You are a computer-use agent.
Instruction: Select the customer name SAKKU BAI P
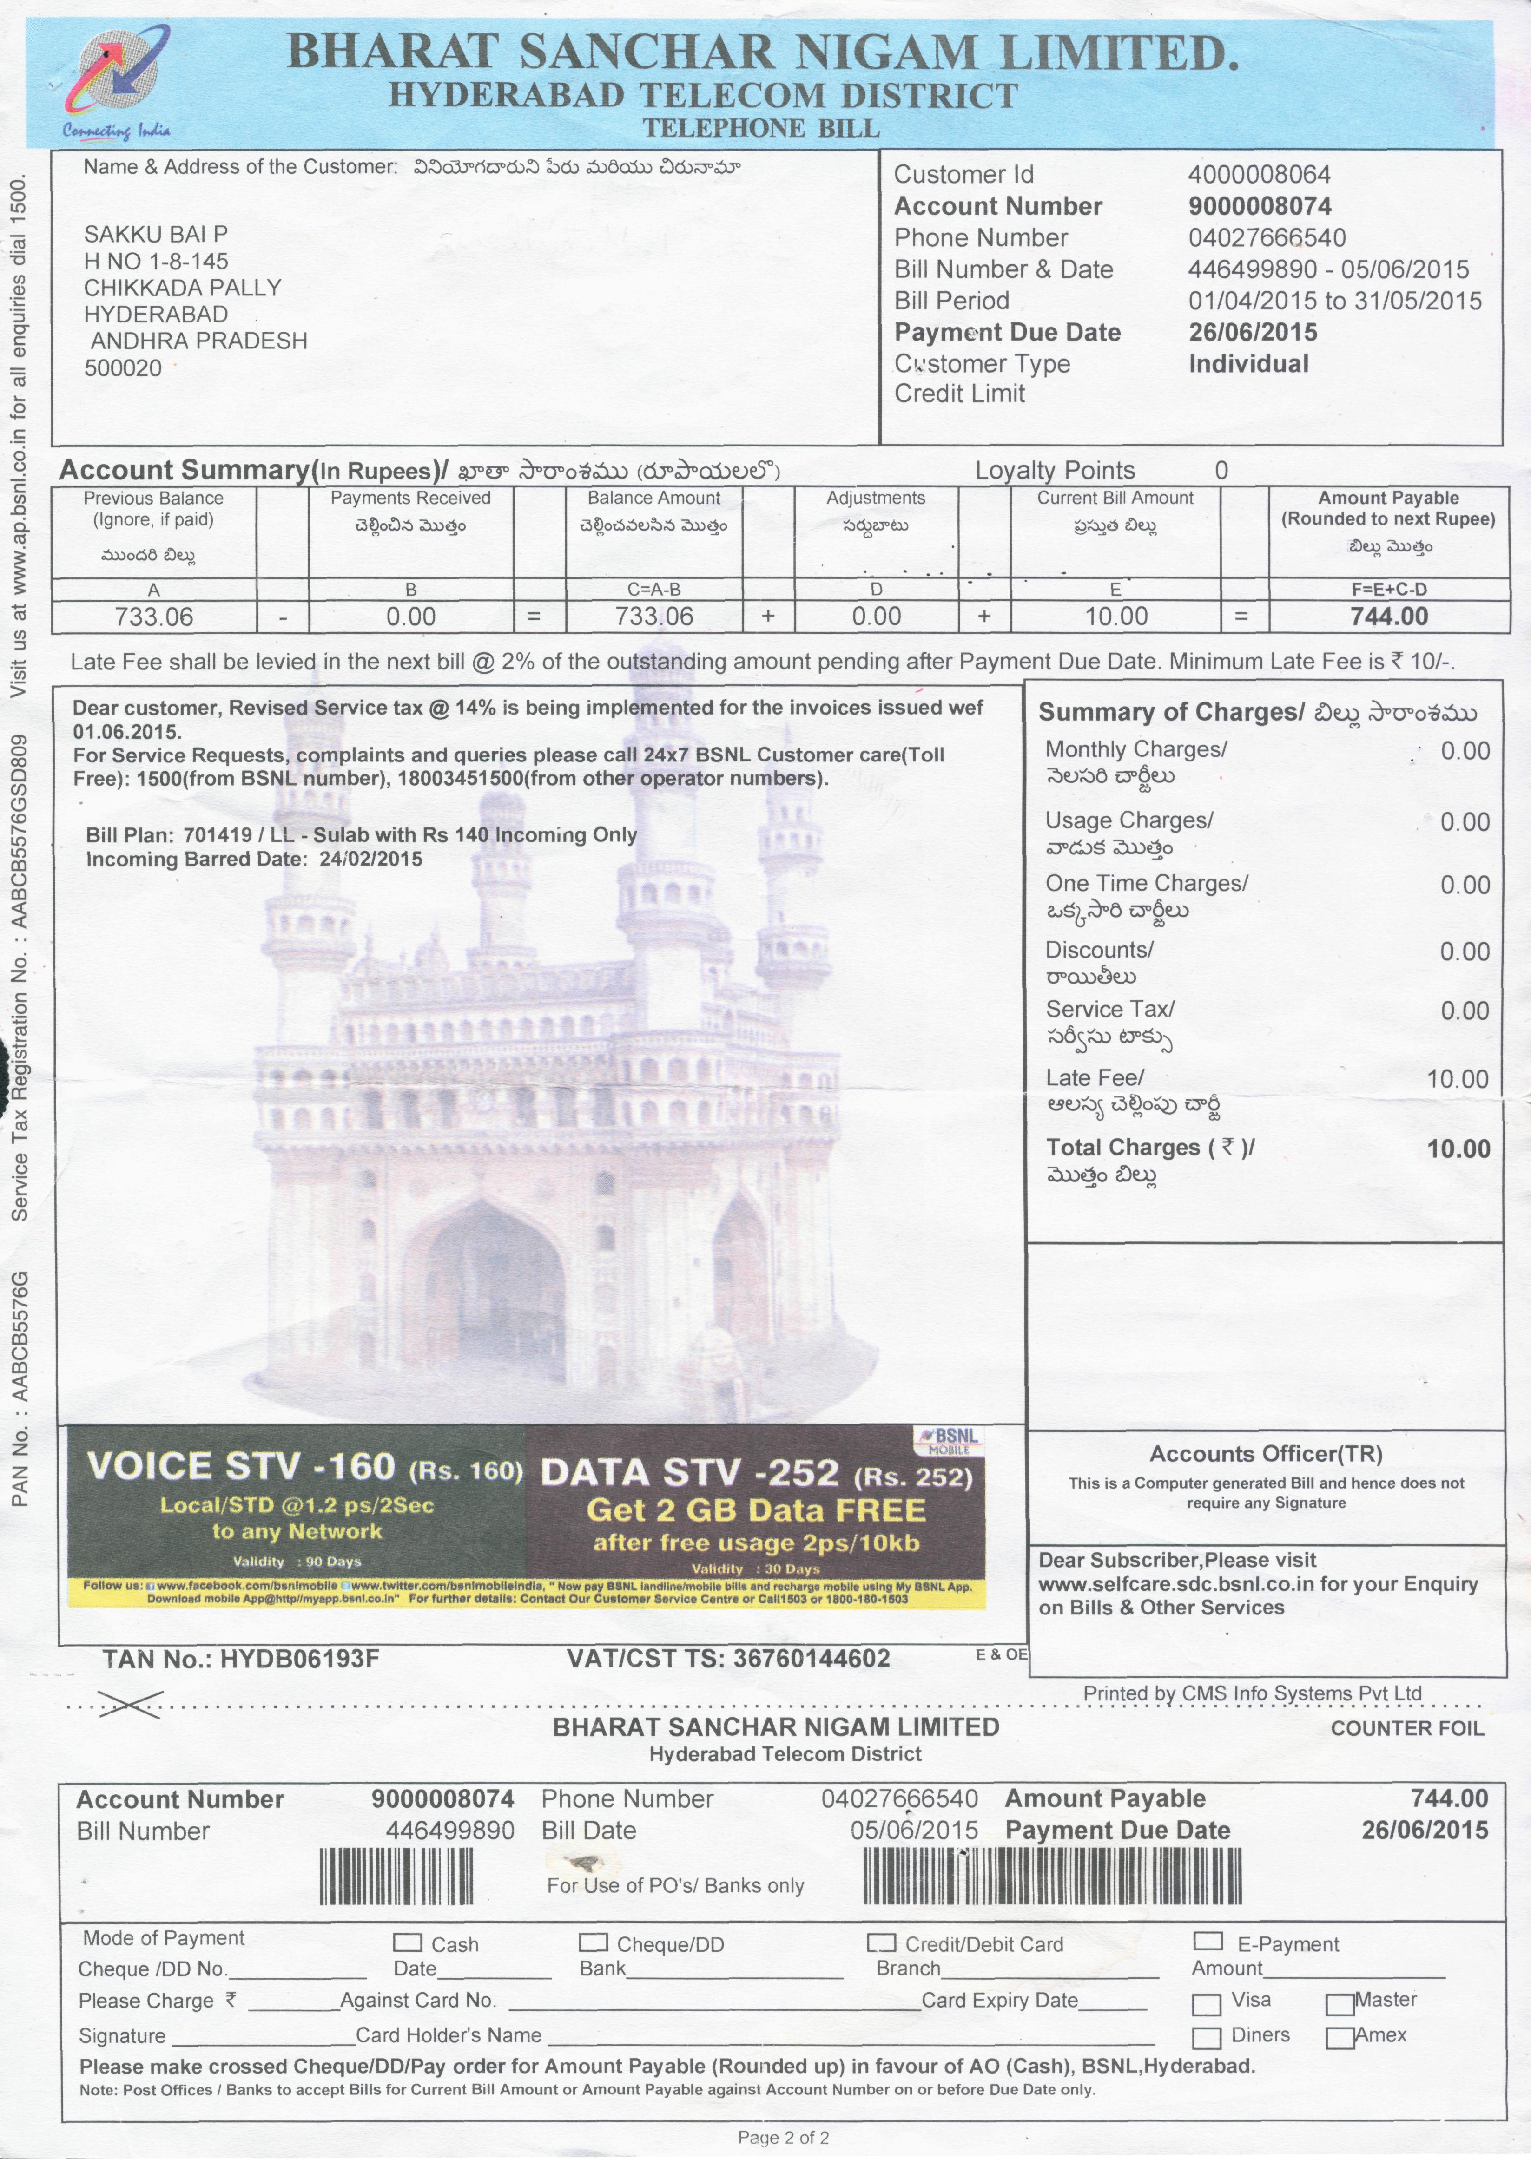click(156, 234)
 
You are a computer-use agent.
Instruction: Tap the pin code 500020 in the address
click(123, 367)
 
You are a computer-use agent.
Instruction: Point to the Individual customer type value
click(1248, 364)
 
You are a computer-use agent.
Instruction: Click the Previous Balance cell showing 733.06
click(154, 617)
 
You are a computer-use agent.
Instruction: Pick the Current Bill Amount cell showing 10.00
click(1115, 617)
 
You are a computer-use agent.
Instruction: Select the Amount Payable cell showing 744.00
click(1389, 617)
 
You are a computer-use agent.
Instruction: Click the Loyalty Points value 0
click(1221, 470)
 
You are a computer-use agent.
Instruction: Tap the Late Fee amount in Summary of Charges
click(1458, 1079)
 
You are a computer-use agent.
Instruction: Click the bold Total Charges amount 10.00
click(1458, 1149)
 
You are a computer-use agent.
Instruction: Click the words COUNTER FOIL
click(1406, 1728)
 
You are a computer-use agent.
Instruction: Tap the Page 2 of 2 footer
click(784, 2137)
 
